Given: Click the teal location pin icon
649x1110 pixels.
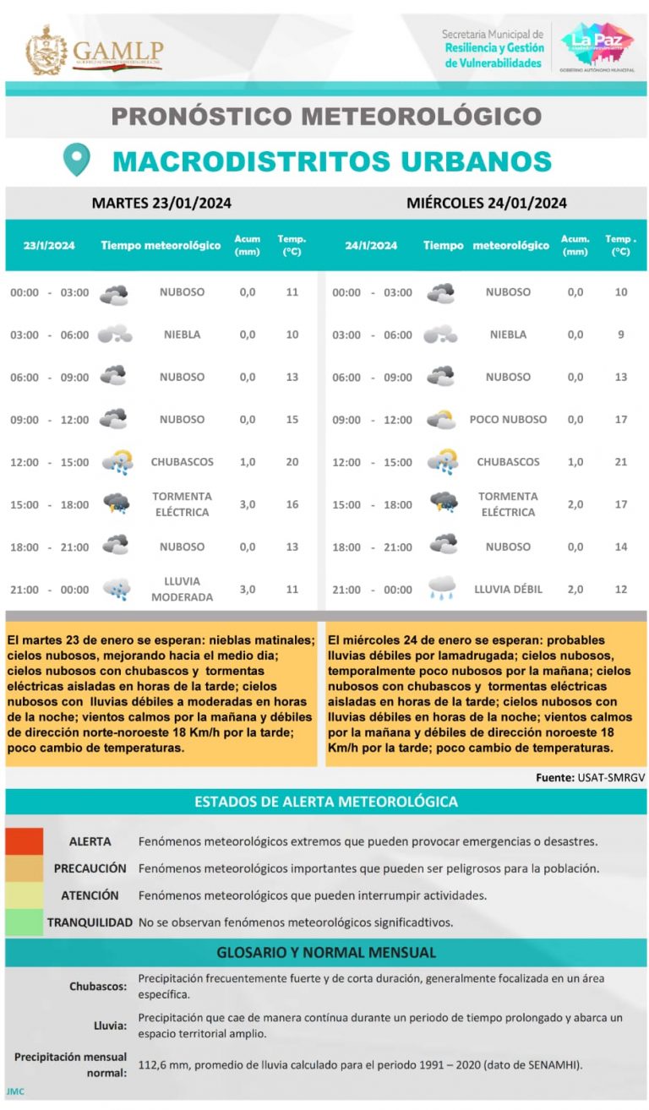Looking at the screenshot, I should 76,160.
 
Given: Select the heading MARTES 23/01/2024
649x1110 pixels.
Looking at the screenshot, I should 161,203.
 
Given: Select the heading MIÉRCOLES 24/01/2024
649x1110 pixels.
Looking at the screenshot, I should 486,203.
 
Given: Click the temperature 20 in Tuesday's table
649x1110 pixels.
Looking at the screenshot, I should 292,462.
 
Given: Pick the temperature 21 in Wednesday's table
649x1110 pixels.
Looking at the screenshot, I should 620,462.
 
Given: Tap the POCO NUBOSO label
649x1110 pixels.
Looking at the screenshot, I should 508,419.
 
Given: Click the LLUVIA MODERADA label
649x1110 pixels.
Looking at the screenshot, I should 182,589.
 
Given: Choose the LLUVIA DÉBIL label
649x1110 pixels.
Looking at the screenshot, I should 508,589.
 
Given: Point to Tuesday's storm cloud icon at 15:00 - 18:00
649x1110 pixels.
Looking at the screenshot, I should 116,503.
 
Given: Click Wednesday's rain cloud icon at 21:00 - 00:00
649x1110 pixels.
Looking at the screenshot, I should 442,588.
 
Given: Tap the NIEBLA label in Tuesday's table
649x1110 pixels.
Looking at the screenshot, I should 182,335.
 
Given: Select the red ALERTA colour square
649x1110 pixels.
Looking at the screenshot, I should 24,841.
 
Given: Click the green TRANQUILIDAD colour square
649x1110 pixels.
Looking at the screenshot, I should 24,922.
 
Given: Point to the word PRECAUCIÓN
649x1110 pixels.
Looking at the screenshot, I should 90,868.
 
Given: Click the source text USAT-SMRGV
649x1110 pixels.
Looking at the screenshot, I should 612,777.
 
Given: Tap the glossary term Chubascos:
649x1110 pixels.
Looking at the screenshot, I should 98,986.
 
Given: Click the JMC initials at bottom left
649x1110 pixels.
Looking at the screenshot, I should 15,1091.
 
